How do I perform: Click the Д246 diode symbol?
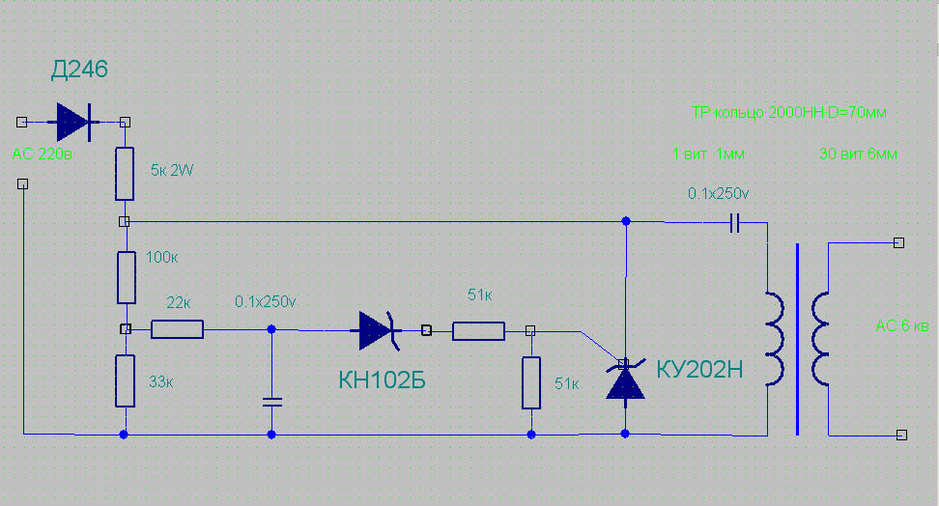[73, 123]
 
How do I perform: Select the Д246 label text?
[79, 70]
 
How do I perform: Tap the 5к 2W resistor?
[125, 174]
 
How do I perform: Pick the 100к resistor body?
[127, 278]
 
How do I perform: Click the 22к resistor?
[177, 329]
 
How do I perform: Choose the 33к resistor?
[126, 380]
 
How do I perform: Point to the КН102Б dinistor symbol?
[379, 330]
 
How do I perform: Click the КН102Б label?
[382, 380]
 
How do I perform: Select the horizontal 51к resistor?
[478, 331]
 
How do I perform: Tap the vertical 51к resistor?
[531, 383]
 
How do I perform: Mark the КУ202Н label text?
[699, 370]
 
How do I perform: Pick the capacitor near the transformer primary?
[735, 223]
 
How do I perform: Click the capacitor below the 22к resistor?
[271, 402]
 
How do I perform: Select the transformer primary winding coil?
[775, 338]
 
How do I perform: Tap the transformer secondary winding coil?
[820, 338]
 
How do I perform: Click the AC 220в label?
[42, 154]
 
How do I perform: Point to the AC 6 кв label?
[902, 325]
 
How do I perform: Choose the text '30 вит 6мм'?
[858, 154]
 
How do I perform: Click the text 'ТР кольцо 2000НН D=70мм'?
[788, 113]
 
